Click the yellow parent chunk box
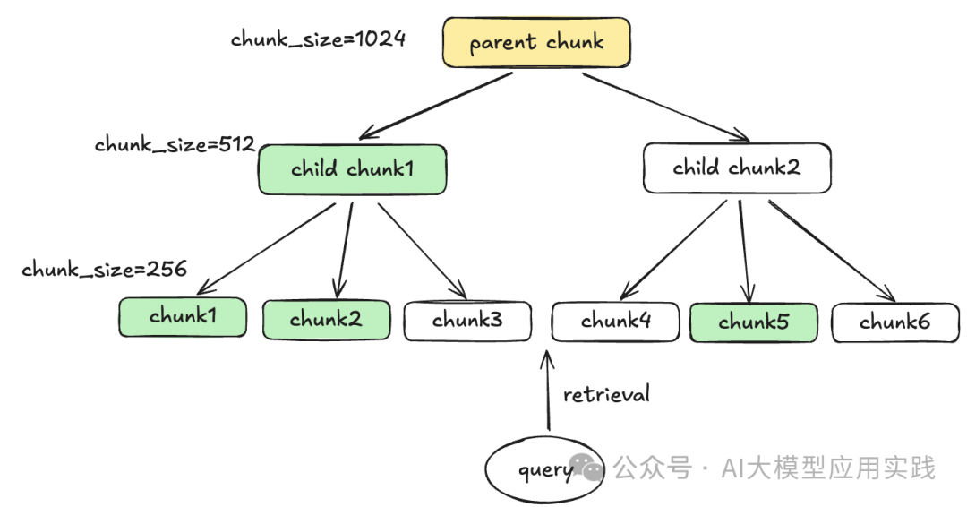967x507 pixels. pos(536,43)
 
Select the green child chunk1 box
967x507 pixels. pos(352,169)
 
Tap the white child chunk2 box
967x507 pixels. pos(737,168)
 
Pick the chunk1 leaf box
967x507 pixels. pos(183,317)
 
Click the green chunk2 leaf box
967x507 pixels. pos(326,320)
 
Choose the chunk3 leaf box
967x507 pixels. pos(467,321)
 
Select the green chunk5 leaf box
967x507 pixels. pos(753,322)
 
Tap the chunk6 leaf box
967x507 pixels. pos(895,323)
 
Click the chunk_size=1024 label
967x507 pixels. pos(318,39)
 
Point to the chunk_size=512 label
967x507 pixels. pos(175,145)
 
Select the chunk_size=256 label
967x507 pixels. pos(104,269)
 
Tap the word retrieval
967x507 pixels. pos(606,394)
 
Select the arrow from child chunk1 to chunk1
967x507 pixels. pos(267,248)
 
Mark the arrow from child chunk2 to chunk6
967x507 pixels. pos(831,251)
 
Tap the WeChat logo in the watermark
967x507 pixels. pos(588,468)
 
